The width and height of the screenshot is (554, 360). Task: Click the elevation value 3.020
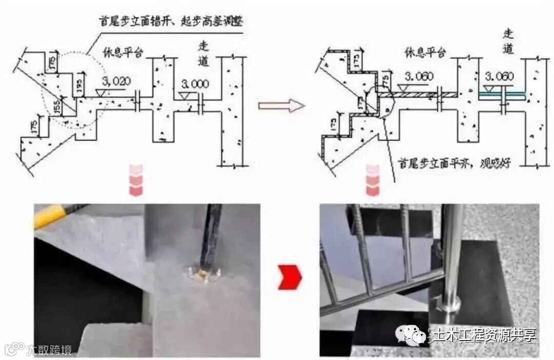pyautogui.click(x=116, y=81)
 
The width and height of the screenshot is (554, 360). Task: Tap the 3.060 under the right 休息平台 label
pyautogui.click(x=419, y=76)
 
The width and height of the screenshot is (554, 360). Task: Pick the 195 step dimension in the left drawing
pyautogui.click(x=78, y=84)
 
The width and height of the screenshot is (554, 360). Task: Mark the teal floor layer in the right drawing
pyautogui.click(x=502, y=95)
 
